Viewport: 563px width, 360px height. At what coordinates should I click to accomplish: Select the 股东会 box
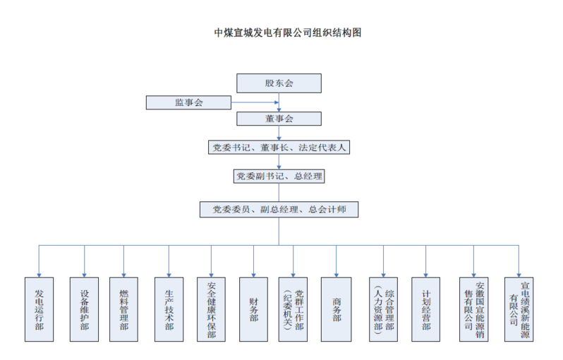(279, 83)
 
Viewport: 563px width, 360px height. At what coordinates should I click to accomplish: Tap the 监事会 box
(188, 103)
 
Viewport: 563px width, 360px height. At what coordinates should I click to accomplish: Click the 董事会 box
(279, 119)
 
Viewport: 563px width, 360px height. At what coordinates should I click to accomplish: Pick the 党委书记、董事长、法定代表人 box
(279, 148)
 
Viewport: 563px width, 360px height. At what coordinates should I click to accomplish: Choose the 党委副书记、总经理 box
(279, 176)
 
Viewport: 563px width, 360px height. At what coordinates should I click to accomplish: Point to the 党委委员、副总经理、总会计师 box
(279, 210)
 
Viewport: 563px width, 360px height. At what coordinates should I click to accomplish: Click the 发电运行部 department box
(39, 309)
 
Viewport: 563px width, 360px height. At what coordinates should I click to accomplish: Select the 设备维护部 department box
(84, 309)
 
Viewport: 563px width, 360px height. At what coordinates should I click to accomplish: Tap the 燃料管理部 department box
(124, 309)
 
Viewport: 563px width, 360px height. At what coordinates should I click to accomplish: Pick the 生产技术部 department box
(169, 309)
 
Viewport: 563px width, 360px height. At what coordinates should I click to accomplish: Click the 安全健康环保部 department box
(211, 309)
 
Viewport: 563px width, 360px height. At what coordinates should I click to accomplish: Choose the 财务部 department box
(253, 309)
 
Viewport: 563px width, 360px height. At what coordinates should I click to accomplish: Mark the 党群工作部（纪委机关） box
(293, 309)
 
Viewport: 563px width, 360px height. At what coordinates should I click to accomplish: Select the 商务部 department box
(337, 309)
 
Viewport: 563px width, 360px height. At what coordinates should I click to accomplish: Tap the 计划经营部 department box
(425, 309)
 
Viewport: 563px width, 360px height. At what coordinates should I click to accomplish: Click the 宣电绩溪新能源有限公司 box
(519, 309)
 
